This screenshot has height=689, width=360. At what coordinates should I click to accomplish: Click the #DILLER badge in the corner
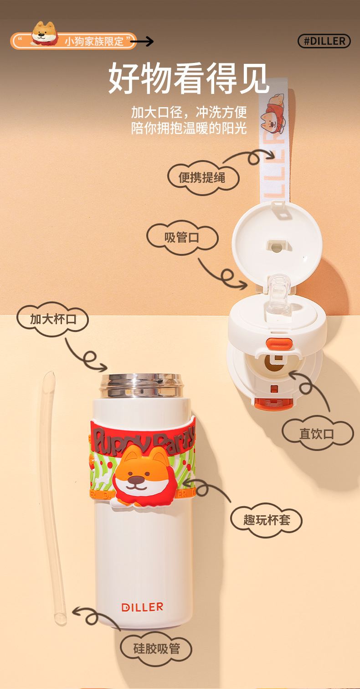324,41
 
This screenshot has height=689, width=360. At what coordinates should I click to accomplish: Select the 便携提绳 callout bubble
202,177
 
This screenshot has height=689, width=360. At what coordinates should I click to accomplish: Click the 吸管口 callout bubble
182,238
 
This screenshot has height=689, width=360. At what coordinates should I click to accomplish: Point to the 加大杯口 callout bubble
53,319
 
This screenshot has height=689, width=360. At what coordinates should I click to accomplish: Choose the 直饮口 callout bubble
317,433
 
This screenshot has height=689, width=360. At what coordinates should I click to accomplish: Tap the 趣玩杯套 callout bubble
266,520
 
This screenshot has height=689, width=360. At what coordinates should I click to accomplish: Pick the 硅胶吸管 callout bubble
156,648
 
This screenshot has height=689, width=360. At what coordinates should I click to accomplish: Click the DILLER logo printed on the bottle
142,607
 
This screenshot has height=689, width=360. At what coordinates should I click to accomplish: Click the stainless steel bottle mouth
142,385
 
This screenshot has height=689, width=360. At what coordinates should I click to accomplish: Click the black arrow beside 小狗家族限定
145,42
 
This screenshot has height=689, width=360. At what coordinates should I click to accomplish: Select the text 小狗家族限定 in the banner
94,41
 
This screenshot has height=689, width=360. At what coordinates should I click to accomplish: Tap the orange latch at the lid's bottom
274,403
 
